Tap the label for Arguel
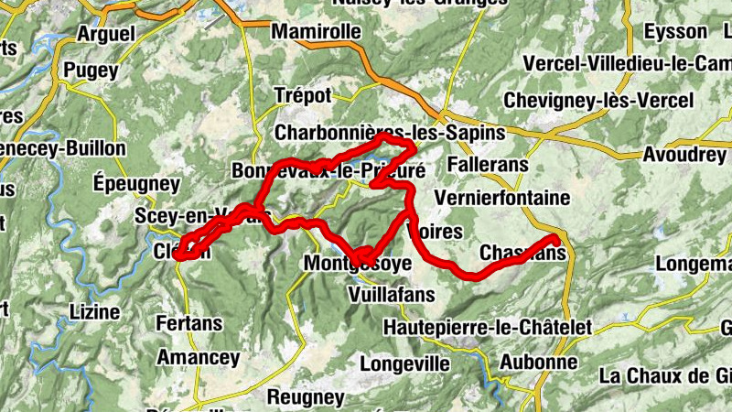coord(106,33)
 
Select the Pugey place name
coord(91,70)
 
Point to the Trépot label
coord(303,95)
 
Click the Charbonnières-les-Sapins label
coord(389,133)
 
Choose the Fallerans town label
coord(489,165)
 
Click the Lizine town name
coord(94,312)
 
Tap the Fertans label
coord(189,324)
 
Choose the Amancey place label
coord(199,357)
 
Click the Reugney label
coord(306,397)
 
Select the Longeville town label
coord(404,363)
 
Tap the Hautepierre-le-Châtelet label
coord(488,327)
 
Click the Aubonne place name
coord(538,362)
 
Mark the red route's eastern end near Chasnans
coord(554,241)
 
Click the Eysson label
coord(675,32)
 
